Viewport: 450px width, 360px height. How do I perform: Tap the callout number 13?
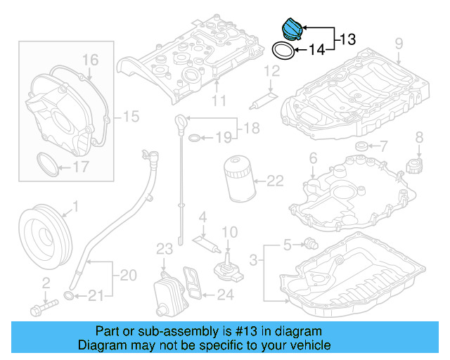[x=347, y=40]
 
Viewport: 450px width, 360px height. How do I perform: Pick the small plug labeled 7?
[x=363, y=146]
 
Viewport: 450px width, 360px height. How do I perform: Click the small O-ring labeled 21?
[x=69, y=294]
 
